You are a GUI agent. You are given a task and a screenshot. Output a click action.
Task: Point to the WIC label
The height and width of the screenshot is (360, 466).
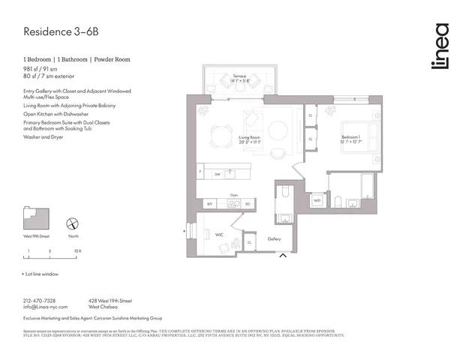(x=220, y=234)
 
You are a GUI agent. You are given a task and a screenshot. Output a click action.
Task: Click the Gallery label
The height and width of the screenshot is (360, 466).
(x=275, y=238)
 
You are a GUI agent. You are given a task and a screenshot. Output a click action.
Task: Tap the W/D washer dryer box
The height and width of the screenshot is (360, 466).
(x=317, y=200)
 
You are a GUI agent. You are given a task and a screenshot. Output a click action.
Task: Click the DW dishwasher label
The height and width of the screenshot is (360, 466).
(x=217, y=173)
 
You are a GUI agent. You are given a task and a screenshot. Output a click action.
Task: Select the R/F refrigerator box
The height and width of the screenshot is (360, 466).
(x=210, y=203)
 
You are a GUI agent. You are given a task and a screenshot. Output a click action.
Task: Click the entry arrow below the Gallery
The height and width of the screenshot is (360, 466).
(x=283, y=257)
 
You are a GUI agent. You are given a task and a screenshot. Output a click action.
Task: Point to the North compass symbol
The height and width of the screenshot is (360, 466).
(x=74, y=224)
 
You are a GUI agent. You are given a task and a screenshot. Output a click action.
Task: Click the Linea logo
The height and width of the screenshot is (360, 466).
(x=441, y=46)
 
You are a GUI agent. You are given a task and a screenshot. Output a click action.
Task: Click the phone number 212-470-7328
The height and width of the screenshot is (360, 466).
(x=44, y=300)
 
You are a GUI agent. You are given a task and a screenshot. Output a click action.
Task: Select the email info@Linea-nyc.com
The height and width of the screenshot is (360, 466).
(x=46, y=307)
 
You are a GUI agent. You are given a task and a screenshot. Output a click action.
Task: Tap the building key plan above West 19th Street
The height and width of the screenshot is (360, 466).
(x=36, y=219)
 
